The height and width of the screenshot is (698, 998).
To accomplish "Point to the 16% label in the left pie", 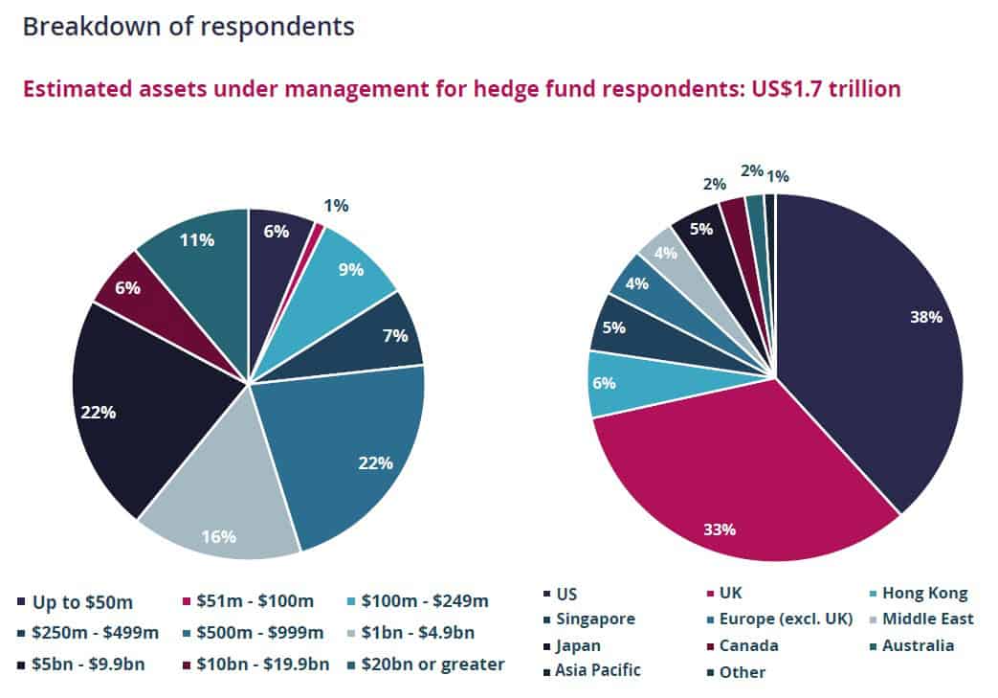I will [x=218, y=536].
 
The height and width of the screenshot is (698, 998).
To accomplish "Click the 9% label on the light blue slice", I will [x=351, y=269].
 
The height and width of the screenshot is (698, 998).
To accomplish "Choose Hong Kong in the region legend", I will [x=924, y=593].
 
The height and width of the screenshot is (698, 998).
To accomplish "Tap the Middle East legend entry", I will [x=927, y=619].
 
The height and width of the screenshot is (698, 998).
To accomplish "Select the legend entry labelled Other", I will [x=743, y=672].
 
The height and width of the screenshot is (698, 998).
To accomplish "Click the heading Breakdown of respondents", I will [x=188, y=26].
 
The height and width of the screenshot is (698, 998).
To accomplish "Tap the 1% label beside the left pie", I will [x=336, y=205].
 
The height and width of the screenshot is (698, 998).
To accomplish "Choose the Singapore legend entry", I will [x=594, y=619].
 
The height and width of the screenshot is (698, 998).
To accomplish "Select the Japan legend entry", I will [x=578, y=645].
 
